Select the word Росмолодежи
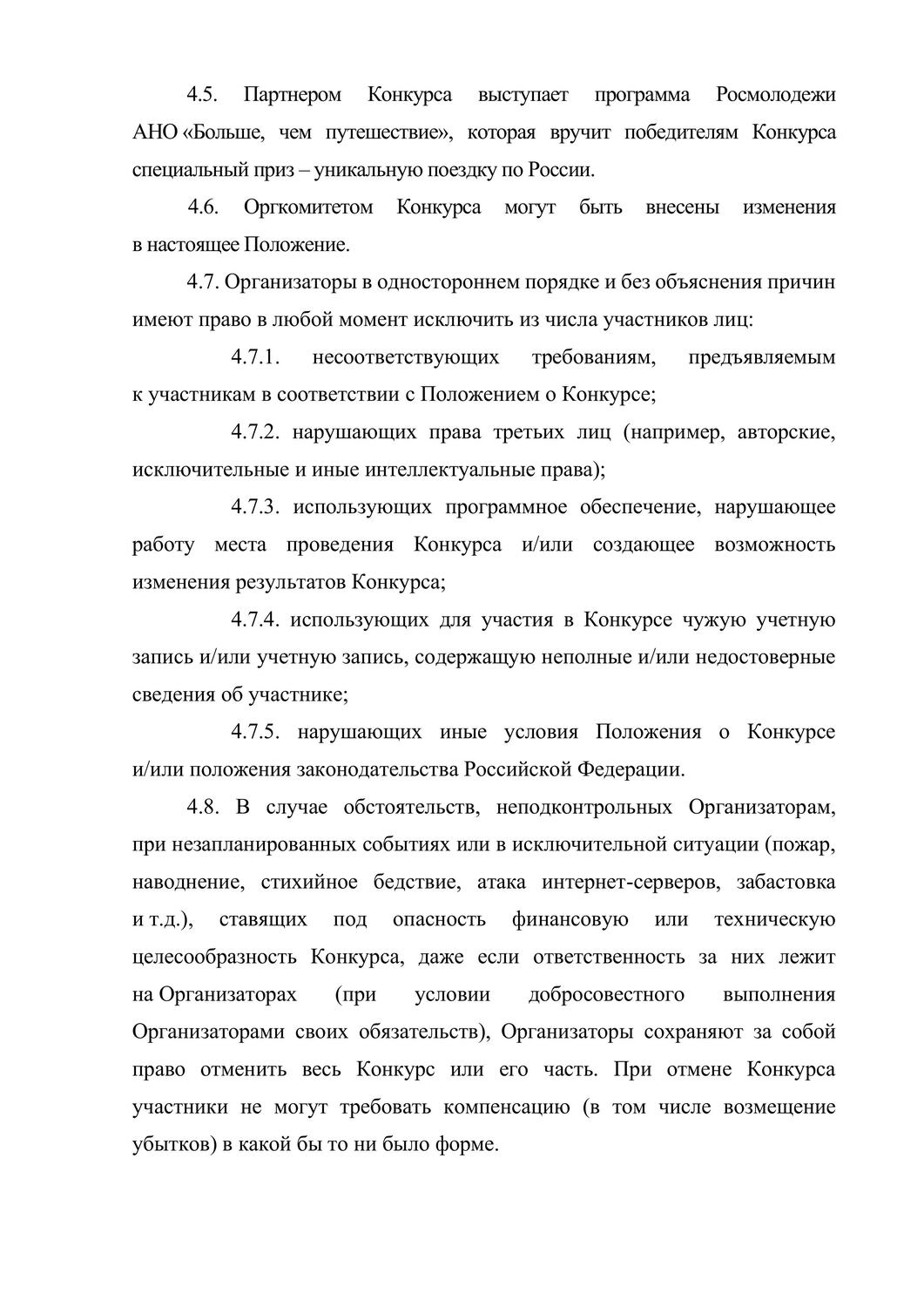click(775, 95)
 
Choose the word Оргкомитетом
click(308, 207)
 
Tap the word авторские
click(786, 432)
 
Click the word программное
click(506, 507)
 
